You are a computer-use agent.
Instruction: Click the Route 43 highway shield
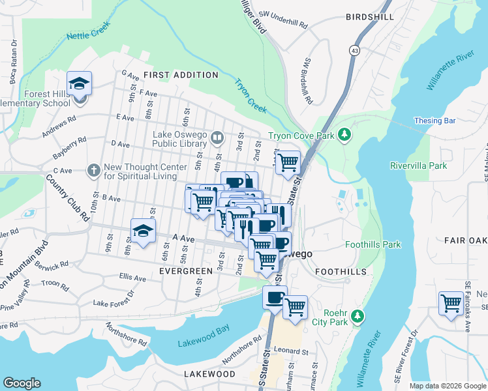coord(354,50)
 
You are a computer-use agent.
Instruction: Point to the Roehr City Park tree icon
coord(357,316)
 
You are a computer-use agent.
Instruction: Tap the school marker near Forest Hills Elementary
coord(80,84)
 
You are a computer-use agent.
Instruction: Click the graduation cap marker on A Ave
coord(144,231)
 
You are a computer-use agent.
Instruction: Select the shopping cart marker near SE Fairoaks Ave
coord(451,304)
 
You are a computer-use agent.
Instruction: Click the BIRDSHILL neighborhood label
coord(370,17)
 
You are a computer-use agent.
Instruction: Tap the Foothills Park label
coord(373,245)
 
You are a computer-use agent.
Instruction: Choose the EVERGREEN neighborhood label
coord(186,270)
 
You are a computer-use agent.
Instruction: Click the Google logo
coord(22,383)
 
